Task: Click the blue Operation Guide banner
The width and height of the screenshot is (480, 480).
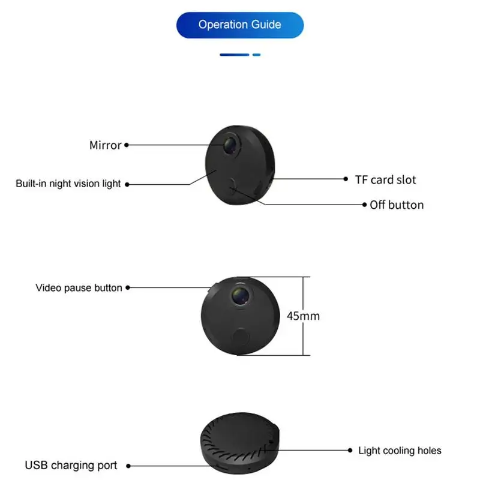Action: click(240, 25)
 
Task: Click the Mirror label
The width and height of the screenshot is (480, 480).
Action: click(105, 145)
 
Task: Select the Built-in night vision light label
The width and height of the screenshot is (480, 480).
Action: click(68, 184)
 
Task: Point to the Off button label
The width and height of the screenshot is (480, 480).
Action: click(397, 205)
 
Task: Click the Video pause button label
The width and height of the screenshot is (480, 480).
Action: click(79, 288)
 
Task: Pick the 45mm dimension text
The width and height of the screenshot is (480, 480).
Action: click(303, 316)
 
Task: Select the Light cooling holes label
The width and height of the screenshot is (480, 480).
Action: click(400, 451)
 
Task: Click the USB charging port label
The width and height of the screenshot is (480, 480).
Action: click(71, 465)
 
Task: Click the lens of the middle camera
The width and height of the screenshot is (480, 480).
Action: click(238, 295)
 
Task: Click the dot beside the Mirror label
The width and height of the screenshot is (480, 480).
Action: click(127, 145)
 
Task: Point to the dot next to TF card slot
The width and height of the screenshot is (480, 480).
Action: click(346, 179)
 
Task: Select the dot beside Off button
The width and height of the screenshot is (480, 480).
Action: click(364, 205)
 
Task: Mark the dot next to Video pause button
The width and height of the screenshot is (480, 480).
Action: click(128, 288)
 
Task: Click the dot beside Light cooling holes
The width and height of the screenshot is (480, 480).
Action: click(350, 450)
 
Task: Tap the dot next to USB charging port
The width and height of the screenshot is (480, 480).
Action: click(128, 465)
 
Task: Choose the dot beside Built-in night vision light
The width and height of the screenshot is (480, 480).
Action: click(127, 184)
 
